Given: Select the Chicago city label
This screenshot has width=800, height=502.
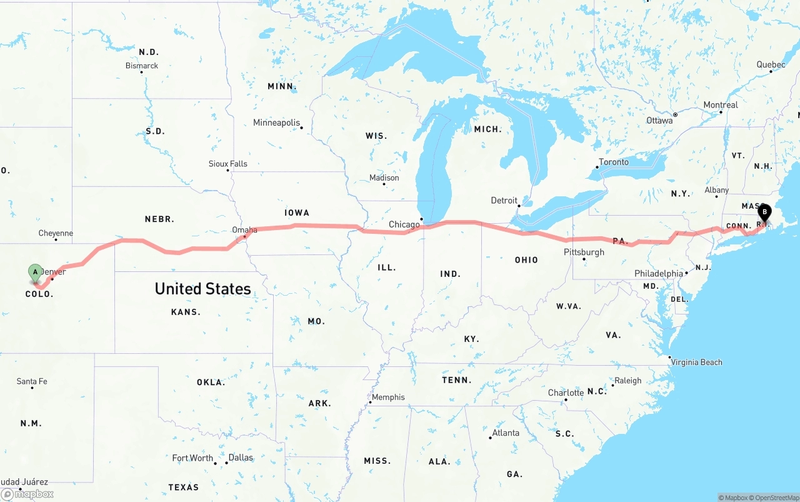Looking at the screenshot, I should click(x=404, y=224).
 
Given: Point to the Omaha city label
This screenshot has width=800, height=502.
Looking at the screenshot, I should click(x=244, y=230).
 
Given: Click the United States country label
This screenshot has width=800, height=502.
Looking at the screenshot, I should click(x=202, y=288).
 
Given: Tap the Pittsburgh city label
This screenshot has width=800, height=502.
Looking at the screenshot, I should click(x=584, y=252).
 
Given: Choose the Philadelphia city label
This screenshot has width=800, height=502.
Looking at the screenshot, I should click(x=659, y=274).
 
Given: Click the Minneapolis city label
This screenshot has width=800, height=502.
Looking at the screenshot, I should click(x=276, y=123).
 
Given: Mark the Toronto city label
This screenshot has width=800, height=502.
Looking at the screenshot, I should click(x=614, y=162).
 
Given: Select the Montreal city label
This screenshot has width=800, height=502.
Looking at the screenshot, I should click(x=721, y=105).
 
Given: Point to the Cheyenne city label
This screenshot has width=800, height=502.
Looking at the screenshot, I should click(x=56, y=233).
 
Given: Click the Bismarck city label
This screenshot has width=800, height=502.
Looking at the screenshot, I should click(x=142, y=66).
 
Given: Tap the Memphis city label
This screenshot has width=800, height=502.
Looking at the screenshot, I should click(x=388, y=397).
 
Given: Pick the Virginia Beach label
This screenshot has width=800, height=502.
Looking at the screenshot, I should click(x=696, y=362).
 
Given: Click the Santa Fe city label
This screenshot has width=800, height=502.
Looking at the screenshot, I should click(x=31, y=381).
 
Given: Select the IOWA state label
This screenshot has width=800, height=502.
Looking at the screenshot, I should click(x=297, y=213).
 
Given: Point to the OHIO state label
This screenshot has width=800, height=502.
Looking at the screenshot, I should click(x=526, y=260).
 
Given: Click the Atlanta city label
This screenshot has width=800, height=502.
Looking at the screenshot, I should click(x=506, y=433).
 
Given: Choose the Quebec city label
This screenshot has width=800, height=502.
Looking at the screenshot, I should click(x=771, y=65).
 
